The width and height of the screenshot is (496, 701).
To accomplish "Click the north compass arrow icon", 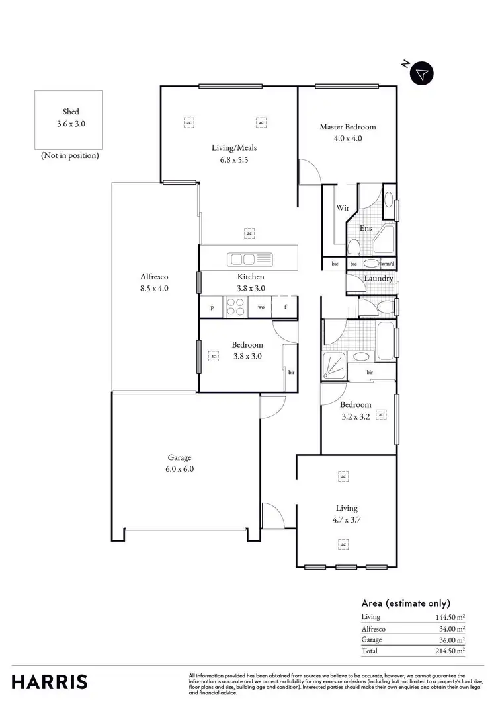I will (421, 74).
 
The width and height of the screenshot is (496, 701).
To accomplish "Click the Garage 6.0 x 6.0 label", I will (179, 462).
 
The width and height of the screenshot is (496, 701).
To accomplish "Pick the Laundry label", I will (378, 278).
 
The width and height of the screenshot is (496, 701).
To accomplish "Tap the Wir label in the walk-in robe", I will (343, 207).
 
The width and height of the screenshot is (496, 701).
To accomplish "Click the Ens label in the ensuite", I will (365, 228).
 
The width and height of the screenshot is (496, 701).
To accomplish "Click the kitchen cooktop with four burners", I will (236, 307).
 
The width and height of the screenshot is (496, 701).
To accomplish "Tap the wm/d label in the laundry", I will (388, 264).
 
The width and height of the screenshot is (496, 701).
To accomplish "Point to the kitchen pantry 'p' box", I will (212, 307).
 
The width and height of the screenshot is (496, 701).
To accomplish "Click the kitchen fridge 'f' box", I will (286, 307).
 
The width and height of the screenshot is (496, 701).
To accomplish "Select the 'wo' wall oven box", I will (261, 307).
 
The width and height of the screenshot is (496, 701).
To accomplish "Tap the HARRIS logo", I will (50, 681).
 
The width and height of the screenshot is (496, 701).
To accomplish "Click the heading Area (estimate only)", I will (405, 603).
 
